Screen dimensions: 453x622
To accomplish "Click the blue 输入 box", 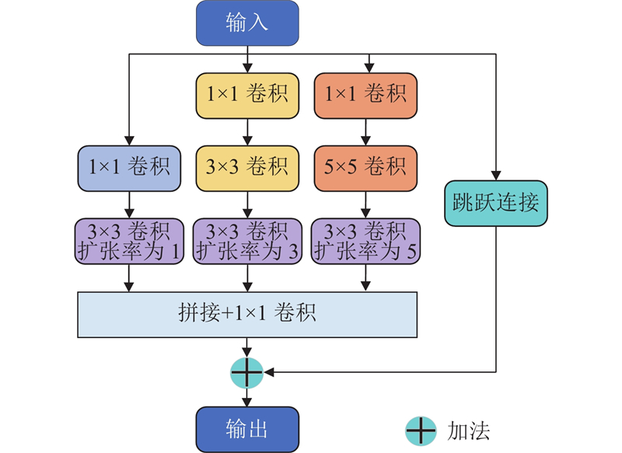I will pyautogui.click(x=247, y=22).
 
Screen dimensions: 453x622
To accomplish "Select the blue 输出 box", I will pyautogui.click(x=247, y=429).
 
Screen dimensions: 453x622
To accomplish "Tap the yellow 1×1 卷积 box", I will pyautogui.click(x=247, y=95).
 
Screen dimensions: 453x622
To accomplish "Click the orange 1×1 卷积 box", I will pyautogui.click(x=365, y=95).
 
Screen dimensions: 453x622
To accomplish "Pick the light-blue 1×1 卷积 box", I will pyautogui.click(x=129, y=167).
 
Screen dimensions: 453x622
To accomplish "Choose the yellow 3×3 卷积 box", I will pyautogui.click(x=247, y=167).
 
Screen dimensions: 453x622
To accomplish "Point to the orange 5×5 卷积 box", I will pyautogui.click(x=365, y=167).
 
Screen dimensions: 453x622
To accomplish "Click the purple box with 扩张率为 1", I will pyautogui.click(x=129, y=240).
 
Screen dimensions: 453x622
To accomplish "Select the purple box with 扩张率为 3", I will pyautogui.click(x=247, y=240).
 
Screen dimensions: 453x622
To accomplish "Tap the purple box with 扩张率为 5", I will pyautogui.click(x=365, y=240).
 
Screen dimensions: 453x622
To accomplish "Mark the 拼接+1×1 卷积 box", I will pyautogui.click(x=247, y=315).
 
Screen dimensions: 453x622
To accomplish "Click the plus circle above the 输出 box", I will pyautogui.click(x=247, y=373).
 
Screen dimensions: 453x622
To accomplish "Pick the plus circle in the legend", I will pyautogui.click(x=421, y=430).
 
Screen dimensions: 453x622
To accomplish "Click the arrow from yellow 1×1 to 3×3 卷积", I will pyautogui.click(x=247, y=131).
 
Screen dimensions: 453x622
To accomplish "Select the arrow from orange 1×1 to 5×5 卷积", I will pyautogui.click(x=365, y=131).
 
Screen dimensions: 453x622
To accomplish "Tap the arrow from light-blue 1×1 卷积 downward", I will pyautogui.click(x=129, y=204).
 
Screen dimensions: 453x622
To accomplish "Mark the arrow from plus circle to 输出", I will pyautogui.click(x=247, y=398).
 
